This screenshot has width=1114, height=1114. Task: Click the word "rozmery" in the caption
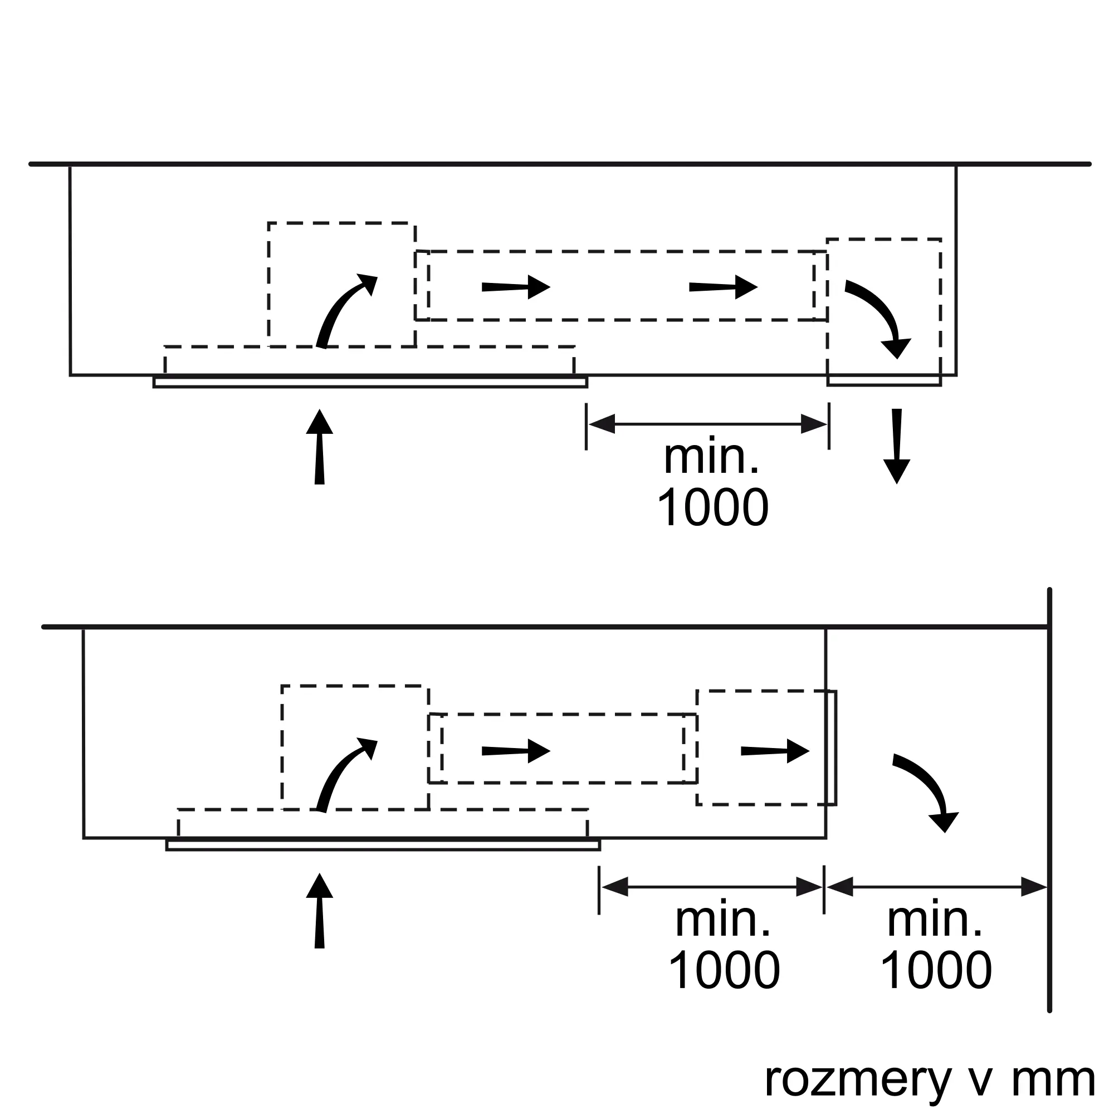(857, 1080)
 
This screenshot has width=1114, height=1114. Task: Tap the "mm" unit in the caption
(1053, 1080)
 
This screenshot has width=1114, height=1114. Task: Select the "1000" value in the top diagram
(713, 507)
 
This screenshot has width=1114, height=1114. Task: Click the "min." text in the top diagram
(711, 457)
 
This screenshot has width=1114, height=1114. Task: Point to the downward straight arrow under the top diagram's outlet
(897, 446)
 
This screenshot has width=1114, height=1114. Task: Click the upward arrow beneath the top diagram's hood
(319, 447)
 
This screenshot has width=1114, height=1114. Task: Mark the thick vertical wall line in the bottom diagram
(1049, 807)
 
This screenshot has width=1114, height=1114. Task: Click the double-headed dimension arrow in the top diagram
(707, 424)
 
